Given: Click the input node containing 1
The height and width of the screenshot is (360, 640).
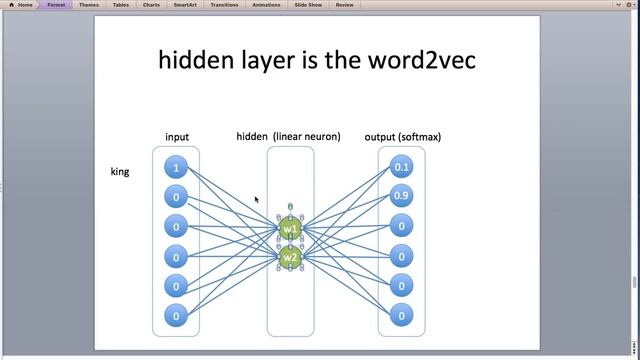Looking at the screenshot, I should [176, 168].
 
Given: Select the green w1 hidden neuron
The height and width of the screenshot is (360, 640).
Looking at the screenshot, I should [290, 229].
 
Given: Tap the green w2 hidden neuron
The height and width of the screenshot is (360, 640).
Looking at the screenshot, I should [290, 258].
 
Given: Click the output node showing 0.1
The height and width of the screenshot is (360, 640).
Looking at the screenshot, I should [402, 167].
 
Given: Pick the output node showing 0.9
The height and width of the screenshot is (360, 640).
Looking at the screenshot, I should [402, 196].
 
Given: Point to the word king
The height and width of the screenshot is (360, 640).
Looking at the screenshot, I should [120, 172].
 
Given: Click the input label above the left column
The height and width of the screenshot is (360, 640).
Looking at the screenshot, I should [177, 137].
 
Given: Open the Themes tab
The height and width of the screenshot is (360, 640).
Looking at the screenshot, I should [88, 5].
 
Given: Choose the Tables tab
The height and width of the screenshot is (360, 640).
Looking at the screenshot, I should [120, 5].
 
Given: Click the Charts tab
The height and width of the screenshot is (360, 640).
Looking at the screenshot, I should [151, 5].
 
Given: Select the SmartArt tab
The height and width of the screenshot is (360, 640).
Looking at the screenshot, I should [185, 5].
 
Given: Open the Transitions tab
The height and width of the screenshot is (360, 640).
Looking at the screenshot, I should [225, 5].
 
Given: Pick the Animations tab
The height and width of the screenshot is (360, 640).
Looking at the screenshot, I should [266, 5].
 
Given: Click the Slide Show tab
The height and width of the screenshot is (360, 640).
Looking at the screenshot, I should [307, 5].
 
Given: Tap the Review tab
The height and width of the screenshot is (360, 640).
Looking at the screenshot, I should [345, 5].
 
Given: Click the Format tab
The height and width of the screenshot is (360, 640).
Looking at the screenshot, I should [56, 5].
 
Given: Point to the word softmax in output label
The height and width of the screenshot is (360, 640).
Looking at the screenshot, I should [419, 137].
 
